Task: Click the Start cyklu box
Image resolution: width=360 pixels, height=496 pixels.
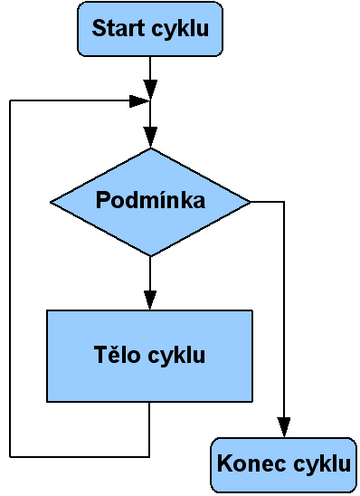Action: pos(149,30)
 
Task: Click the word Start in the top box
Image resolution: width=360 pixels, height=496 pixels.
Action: pos(117,30)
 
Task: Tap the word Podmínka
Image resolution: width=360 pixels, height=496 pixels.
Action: pos(150,200)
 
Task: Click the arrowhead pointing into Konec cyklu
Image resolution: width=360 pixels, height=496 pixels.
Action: pos(285,429)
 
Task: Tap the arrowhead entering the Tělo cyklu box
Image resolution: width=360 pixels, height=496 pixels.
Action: pos(150,299)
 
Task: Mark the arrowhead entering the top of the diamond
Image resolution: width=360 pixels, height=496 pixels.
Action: pos(150,139)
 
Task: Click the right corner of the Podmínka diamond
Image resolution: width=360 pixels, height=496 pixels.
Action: pos(249,202)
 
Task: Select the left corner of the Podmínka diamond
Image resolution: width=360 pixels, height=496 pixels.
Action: pos(51,202)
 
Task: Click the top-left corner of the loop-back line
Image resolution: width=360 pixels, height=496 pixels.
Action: pos(9,100)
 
